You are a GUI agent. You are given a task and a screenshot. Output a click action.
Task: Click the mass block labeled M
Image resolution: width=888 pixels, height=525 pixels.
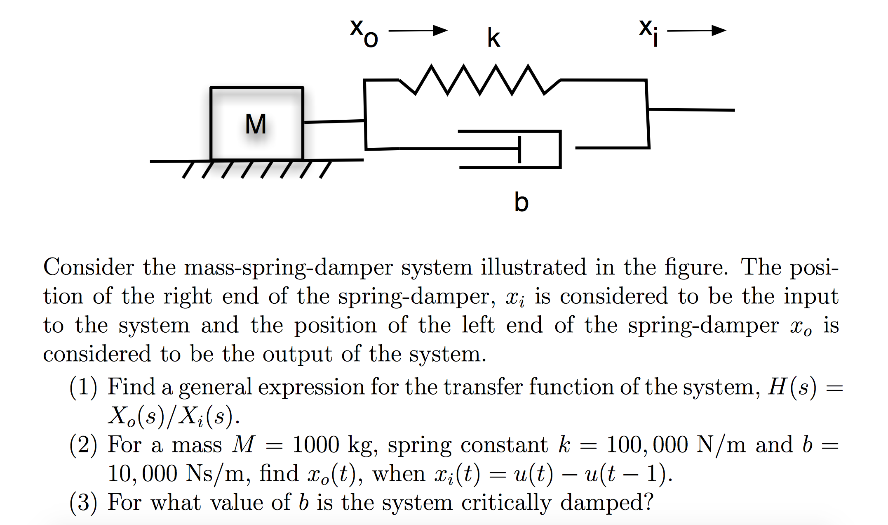(x=256, y=123)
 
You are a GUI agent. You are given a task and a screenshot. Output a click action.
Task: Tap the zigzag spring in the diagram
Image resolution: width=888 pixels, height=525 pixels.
(x=479, y=80)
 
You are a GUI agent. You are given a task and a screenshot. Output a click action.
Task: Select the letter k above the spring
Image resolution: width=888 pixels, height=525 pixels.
(x=493, y=38)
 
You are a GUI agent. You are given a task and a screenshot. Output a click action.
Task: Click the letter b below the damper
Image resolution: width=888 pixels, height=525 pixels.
(x=521, y=202)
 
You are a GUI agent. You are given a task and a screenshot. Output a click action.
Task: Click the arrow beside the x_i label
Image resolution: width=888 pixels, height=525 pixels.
(x=696, y=31)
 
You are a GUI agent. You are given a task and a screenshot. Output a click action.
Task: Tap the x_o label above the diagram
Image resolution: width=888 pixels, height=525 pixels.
(x=364, y=33)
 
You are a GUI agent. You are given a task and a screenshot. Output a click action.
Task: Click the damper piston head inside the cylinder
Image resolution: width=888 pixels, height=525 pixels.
(x=520, y=149)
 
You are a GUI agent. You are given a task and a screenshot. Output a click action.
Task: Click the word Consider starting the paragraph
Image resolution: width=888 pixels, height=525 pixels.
(x=89, y=267)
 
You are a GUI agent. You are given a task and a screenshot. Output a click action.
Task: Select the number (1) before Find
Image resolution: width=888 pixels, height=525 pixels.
(x=83, y=388)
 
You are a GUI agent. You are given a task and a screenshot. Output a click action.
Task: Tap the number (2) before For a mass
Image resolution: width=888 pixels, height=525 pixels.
(x=83, y=445)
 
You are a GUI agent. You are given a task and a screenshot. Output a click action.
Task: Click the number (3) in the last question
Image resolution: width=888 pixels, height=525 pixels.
(x=83, y=503)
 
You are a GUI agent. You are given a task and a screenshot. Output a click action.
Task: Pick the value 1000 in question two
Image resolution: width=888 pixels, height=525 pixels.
(x=315, y=445)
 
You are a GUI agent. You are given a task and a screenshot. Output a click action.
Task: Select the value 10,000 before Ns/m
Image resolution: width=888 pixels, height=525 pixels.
(x=142, y=474)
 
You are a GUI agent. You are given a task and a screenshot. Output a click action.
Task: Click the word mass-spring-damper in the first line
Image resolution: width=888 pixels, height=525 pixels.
(x=288, y=268)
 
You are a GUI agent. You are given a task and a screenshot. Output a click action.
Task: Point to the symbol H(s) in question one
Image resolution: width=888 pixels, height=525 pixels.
(x=792, y=388)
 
